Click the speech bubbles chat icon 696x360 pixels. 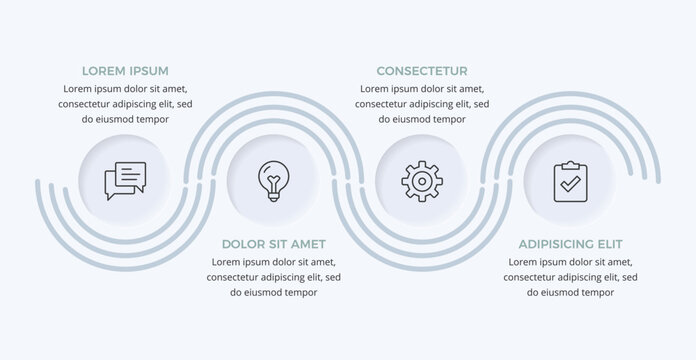(125, 181)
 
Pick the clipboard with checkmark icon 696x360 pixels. (569, 181)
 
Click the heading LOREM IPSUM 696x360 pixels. (125, 71)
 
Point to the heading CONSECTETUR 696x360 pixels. (421, 71)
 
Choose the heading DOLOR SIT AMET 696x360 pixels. (273, 244)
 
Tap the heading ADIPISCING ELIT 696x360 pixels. (570, 244)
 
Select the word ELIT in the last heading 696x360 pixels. (606, 244)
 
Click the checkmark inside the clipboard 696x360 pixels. (569, 185)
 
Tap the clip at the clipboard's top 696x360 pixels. (569, 165)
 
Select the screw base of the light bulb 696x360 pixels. (272, 196)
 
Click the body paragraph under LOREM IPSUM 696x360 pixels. (125, 104)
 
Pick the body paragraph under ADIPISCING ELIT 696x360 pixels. (570, 276)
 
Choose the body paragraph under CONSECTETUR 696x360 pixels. (421, 104)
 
